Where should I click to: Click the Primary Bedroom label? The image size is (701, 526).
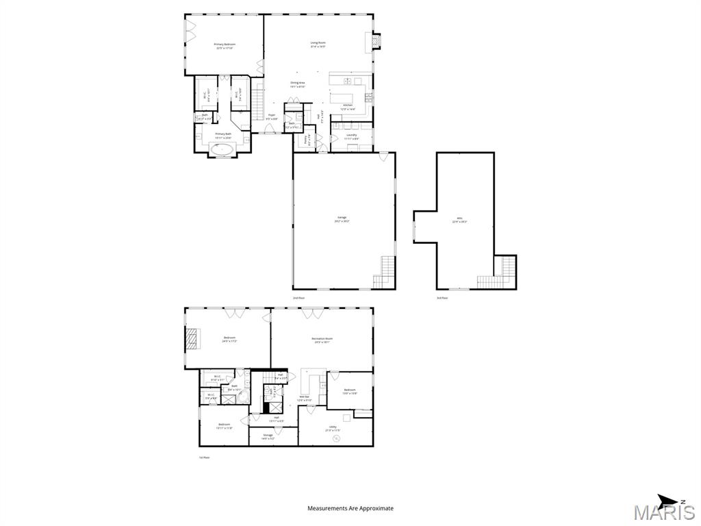[225, 45]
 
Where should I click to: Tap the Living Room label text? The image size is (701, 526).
[318, 44]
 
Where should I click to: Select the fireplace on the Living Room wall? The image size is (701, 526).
[374, 42]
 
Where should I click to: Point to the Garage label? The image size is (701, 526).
[342, 220]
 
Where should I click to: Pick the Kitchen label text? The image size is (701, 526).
[347, 106]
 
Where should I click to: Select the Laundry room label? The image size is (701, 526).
[352, 136]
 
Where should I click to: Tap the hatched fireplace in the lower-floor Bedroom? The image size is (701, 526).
[192, 338]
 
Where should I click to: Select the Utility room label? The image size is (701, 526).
[333, 428]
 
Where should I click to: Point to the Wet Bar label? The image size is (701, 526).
[305, 398]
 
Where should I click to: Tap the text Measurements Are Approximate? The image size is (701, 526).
[350, 508]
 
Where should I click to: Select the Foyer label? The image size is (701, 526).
[272, 116]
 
